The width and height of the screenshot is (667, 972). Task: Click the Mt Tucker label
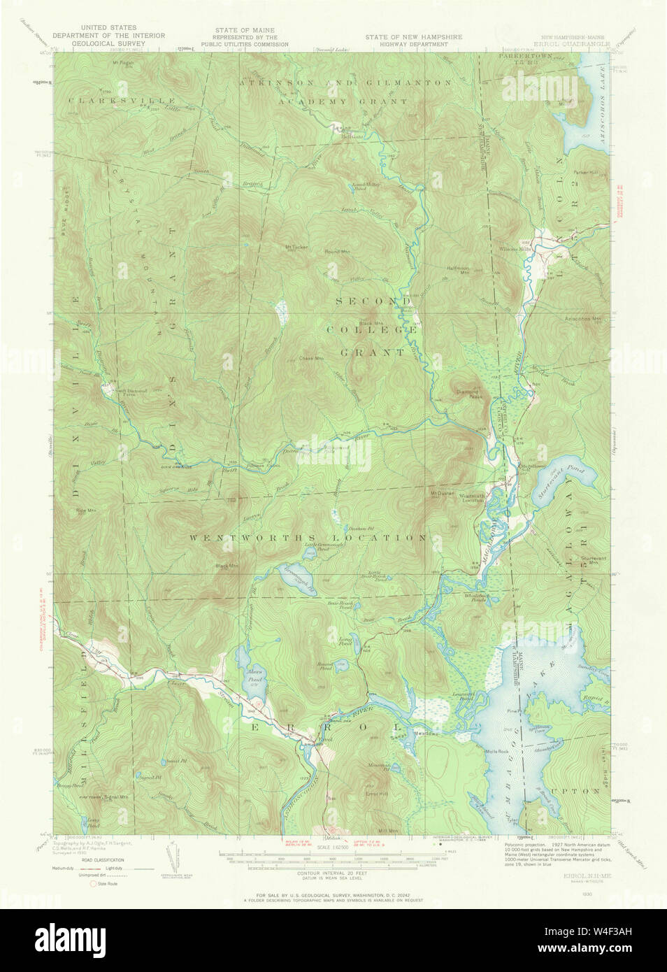(296, 246)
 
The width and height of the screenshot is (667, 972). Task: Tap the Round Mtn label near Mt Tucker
(337, 251)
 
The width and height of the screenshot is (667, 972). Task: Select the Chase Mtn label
(312, 359)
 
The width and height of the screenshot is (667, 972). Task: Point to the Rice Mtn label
(85, 511)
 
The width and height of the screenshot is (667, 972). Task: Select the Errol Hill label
(376, 794)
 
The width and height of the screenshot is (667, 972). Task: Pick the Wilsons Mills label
(535, 248)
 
